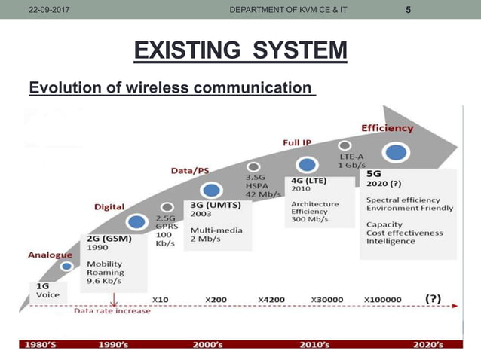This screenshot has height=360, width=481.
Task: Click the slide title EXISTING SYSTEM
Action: click(x=240, y=53)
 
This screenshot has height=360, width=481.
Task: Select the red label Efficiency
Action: click(x=388, y=128)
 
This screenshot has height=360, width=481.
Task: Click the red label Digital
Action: click(x=109, y=206)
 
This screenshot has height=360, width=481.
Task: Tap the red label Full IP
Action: click(x=297, y=142)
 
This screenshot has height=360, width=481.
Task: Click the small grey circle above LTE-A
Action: click(x=345, y=145)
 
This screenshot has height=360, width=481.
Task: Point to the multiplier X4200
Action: click(x=271, y=299)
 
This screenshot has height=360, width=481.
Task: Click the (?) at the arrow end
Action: click(x=433, y=298)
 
